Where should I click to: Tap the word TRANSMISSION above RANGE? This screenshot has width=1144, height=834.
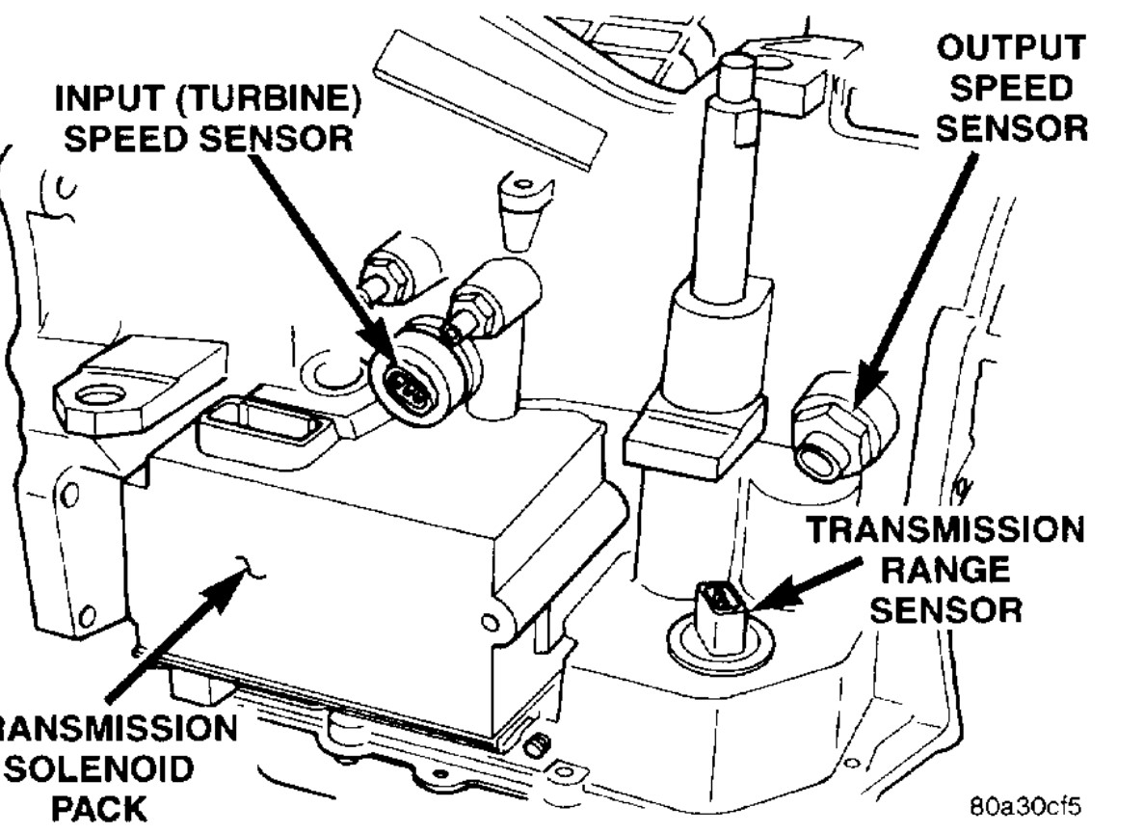pos(942,528)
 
